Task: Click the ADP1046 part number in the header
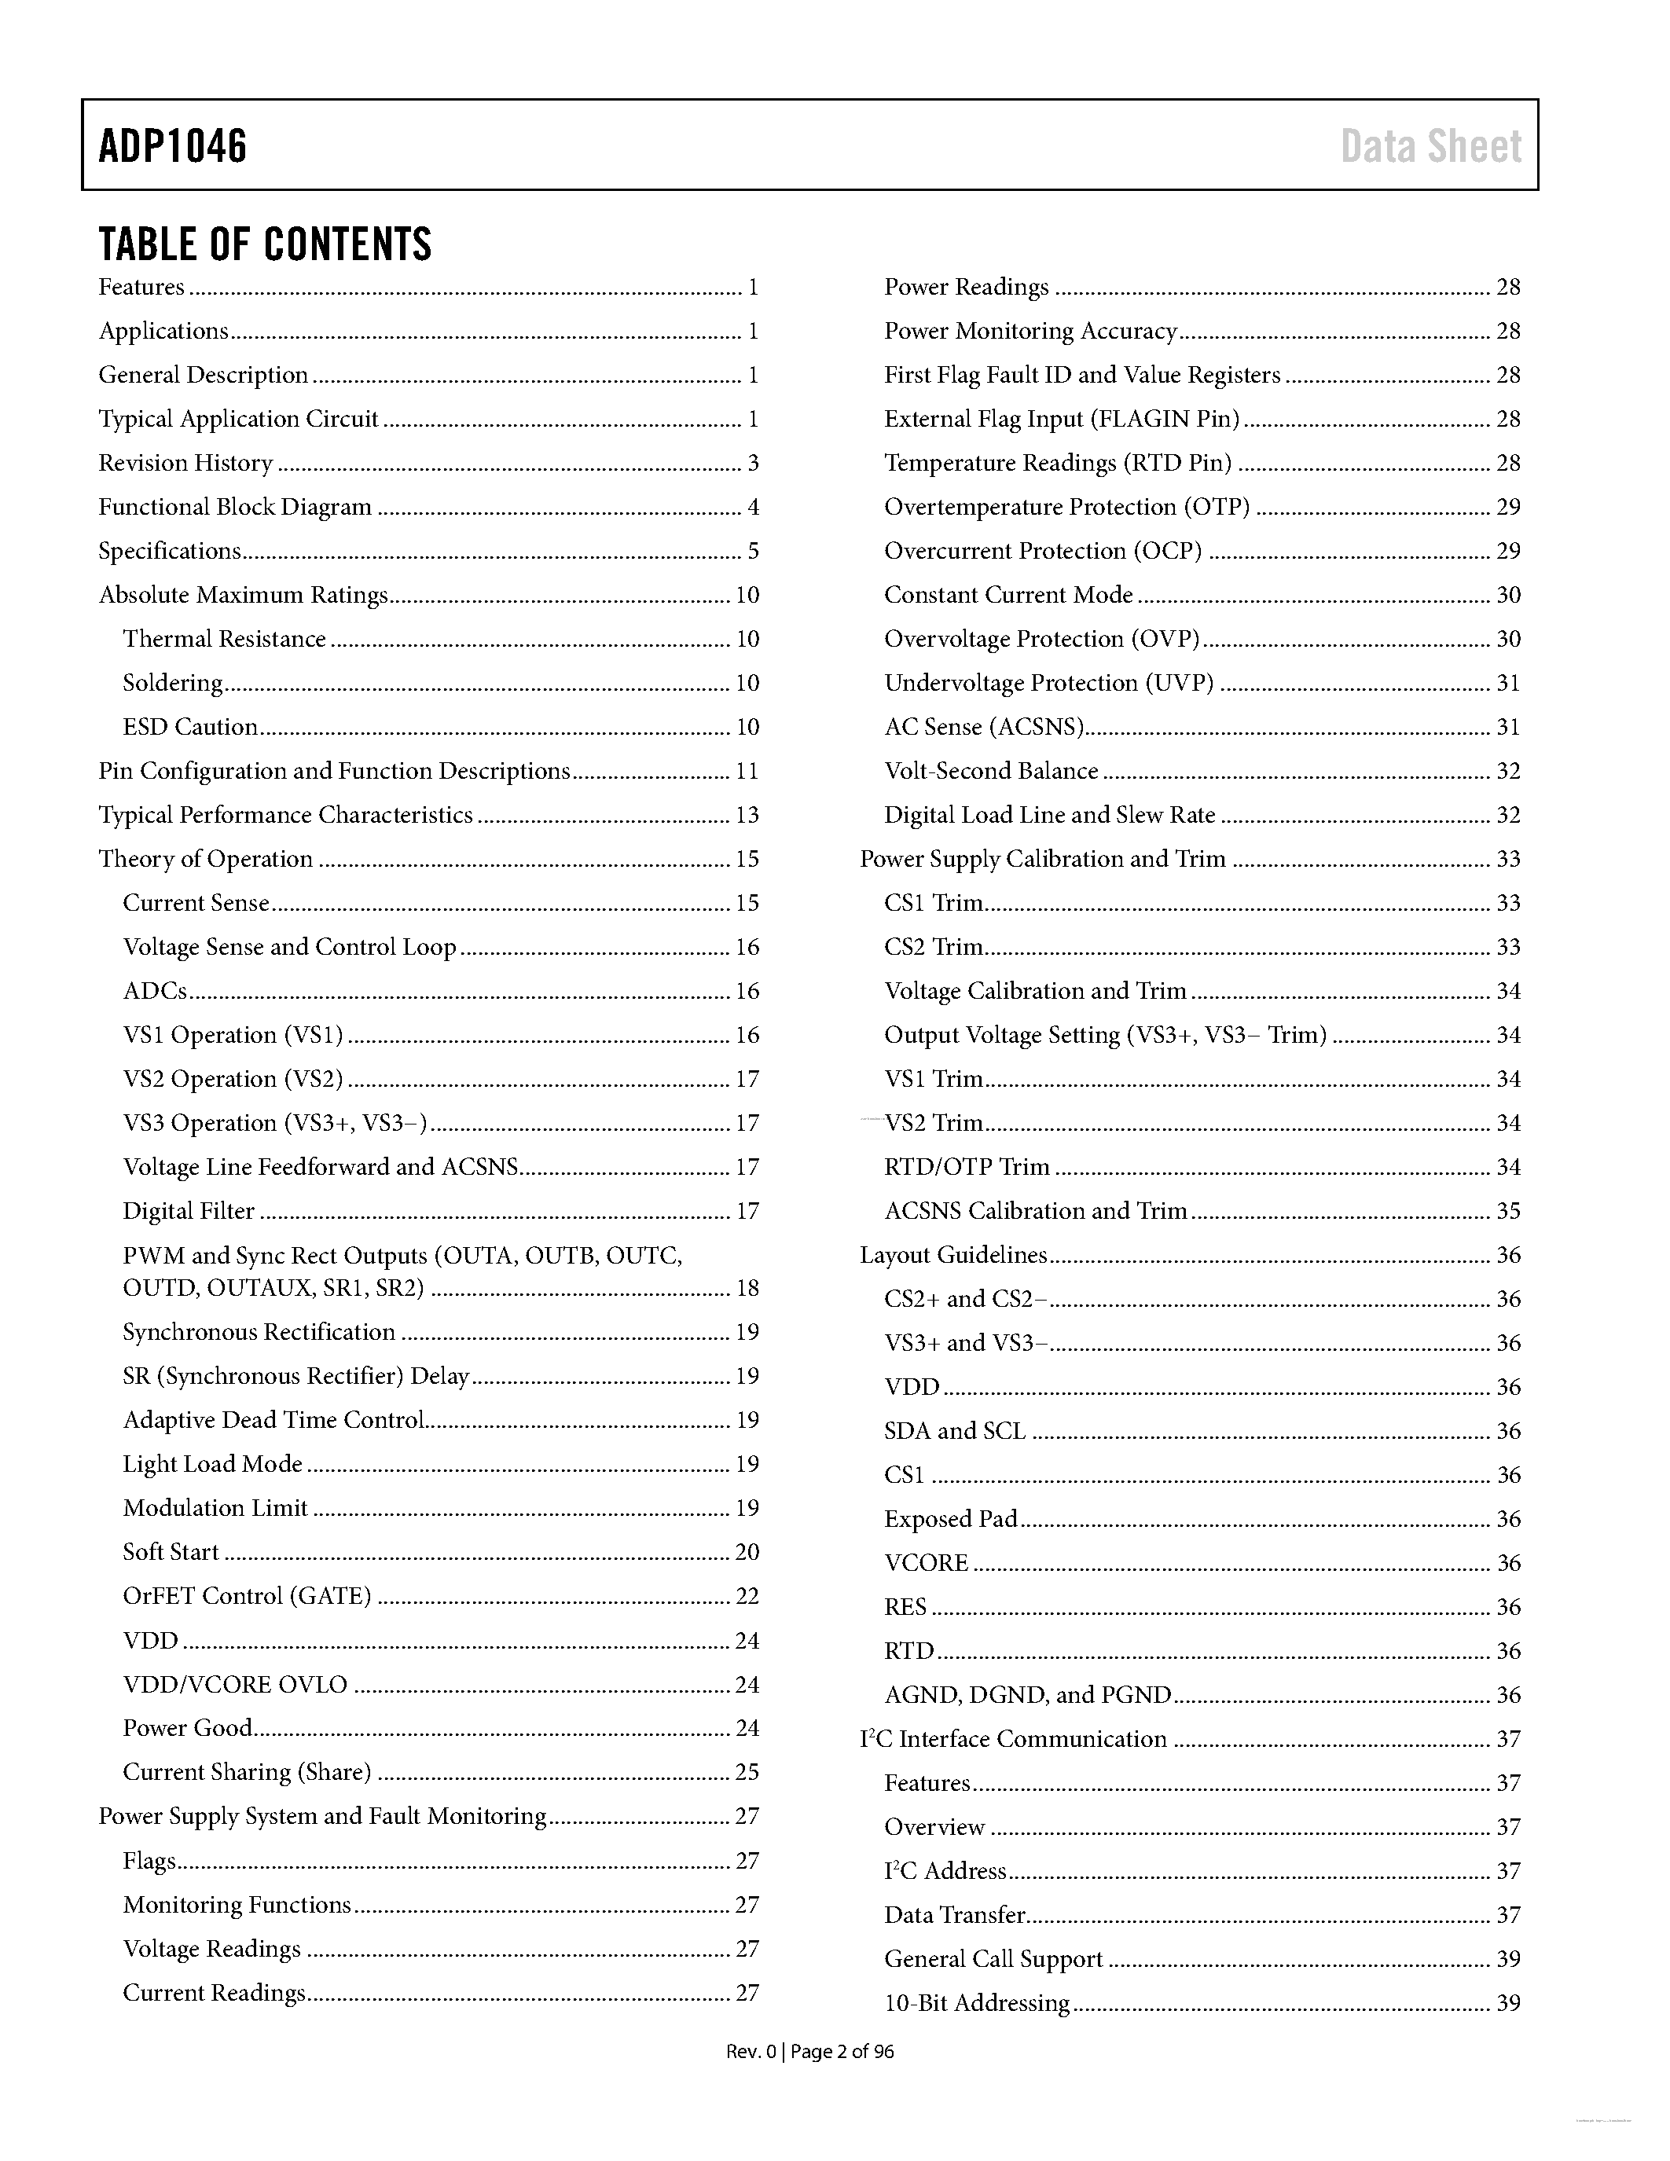(x=172, y=146)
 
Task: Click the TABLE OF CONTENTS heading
(x=265, y=244)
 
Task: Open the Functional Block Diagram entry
(x=234, y=508)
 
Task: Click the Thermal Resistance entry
(x=224, y=639)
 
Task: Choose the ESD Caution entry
(x=190, y=727)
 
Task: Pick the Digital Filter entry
(x=188, y=1211)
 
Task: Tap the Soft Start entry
(x=171, y=1551)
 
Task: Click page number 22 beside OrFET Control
(x=747, y=1596)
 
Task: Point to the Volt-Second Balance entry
(x=991, y=771)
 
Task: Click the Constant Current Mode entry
(x=1008, y=595)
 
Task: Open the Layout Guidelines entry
(x=952, y=1256)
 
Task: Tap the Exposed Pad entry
(x=951, y=1519)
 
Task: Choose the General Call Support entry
(x=993, y=1959)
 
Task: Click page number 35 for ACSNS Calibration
(x=1508, y=1211)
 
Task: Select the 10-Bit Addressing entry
(x=977, y=2004)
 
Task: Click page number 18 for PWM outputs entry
(x=747, y=1288)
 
